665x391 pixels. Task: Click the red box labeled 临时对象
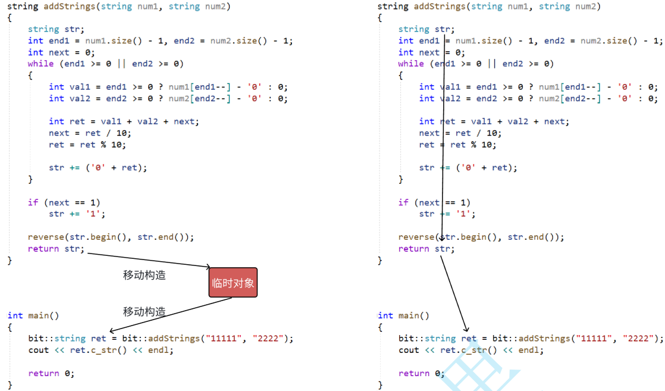pyautogui.click(x=233, y=283)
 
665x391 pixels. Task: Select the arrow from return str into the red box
pyautogui.click(x=149, y=259)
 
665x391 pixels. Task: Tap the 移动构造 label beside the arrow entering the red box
pyautogui.click(x=144, y=275)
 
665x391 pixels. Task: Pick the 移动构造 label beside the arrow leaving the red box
pyautogui.click(x=144, y=311)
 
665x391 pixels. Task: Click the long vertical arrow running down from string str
pyautogui.click(x=443, y=137)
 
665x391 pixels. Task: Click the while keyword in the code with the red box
pyautogui.click(x=41, y=64)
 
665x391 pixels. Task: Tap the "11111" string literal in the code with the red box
pyautogui.click(x=223, y=338)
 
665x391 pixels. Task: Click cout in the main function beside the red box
pyautogui.click(x=38, y=350)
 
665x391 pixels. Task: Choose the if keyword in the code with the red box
pyautogui.click(x=33, y=202)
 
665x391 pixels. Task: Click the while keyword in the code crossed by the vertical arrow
pyautogui.click(x=411, y=64)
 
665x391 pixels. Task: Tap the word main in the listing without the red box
pyautogui.click(x=409, y=315)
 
